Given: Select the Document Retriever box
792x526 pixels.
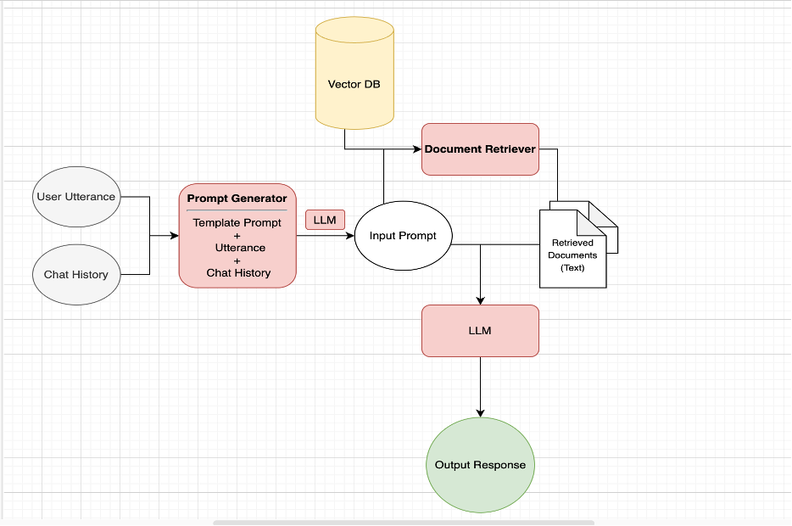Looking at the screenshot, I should coord(480,149).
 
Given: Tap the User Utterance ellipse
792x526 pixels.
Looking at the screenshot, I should coord(76,197).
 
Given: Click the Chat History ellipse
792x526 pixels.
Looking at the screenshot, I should coord(76,275).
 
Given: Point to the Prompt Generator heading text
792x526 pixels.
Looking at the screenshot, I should coord(237,199).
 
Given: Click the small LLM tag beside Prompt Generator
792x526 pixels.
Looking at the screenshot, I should coord(325,221).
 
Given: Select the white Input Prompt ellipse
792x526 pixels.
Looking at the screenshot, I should coord(403,236).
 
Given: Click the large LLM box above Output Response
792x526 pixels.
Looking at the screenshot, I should coord(480,331).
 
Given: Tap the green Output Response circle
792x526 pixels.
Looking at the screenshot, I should coord(480,465).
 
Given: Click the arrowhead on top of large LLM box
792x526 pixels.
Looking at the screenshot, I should coord(481,300).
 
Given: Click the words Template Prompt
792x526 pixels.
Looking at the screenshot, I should coord(237,223).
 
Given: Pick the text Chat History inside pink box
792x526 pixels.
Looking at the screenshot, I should coord(238,273).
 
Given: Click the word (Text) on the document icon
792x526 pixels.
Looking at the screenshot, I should coord(572,268).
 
